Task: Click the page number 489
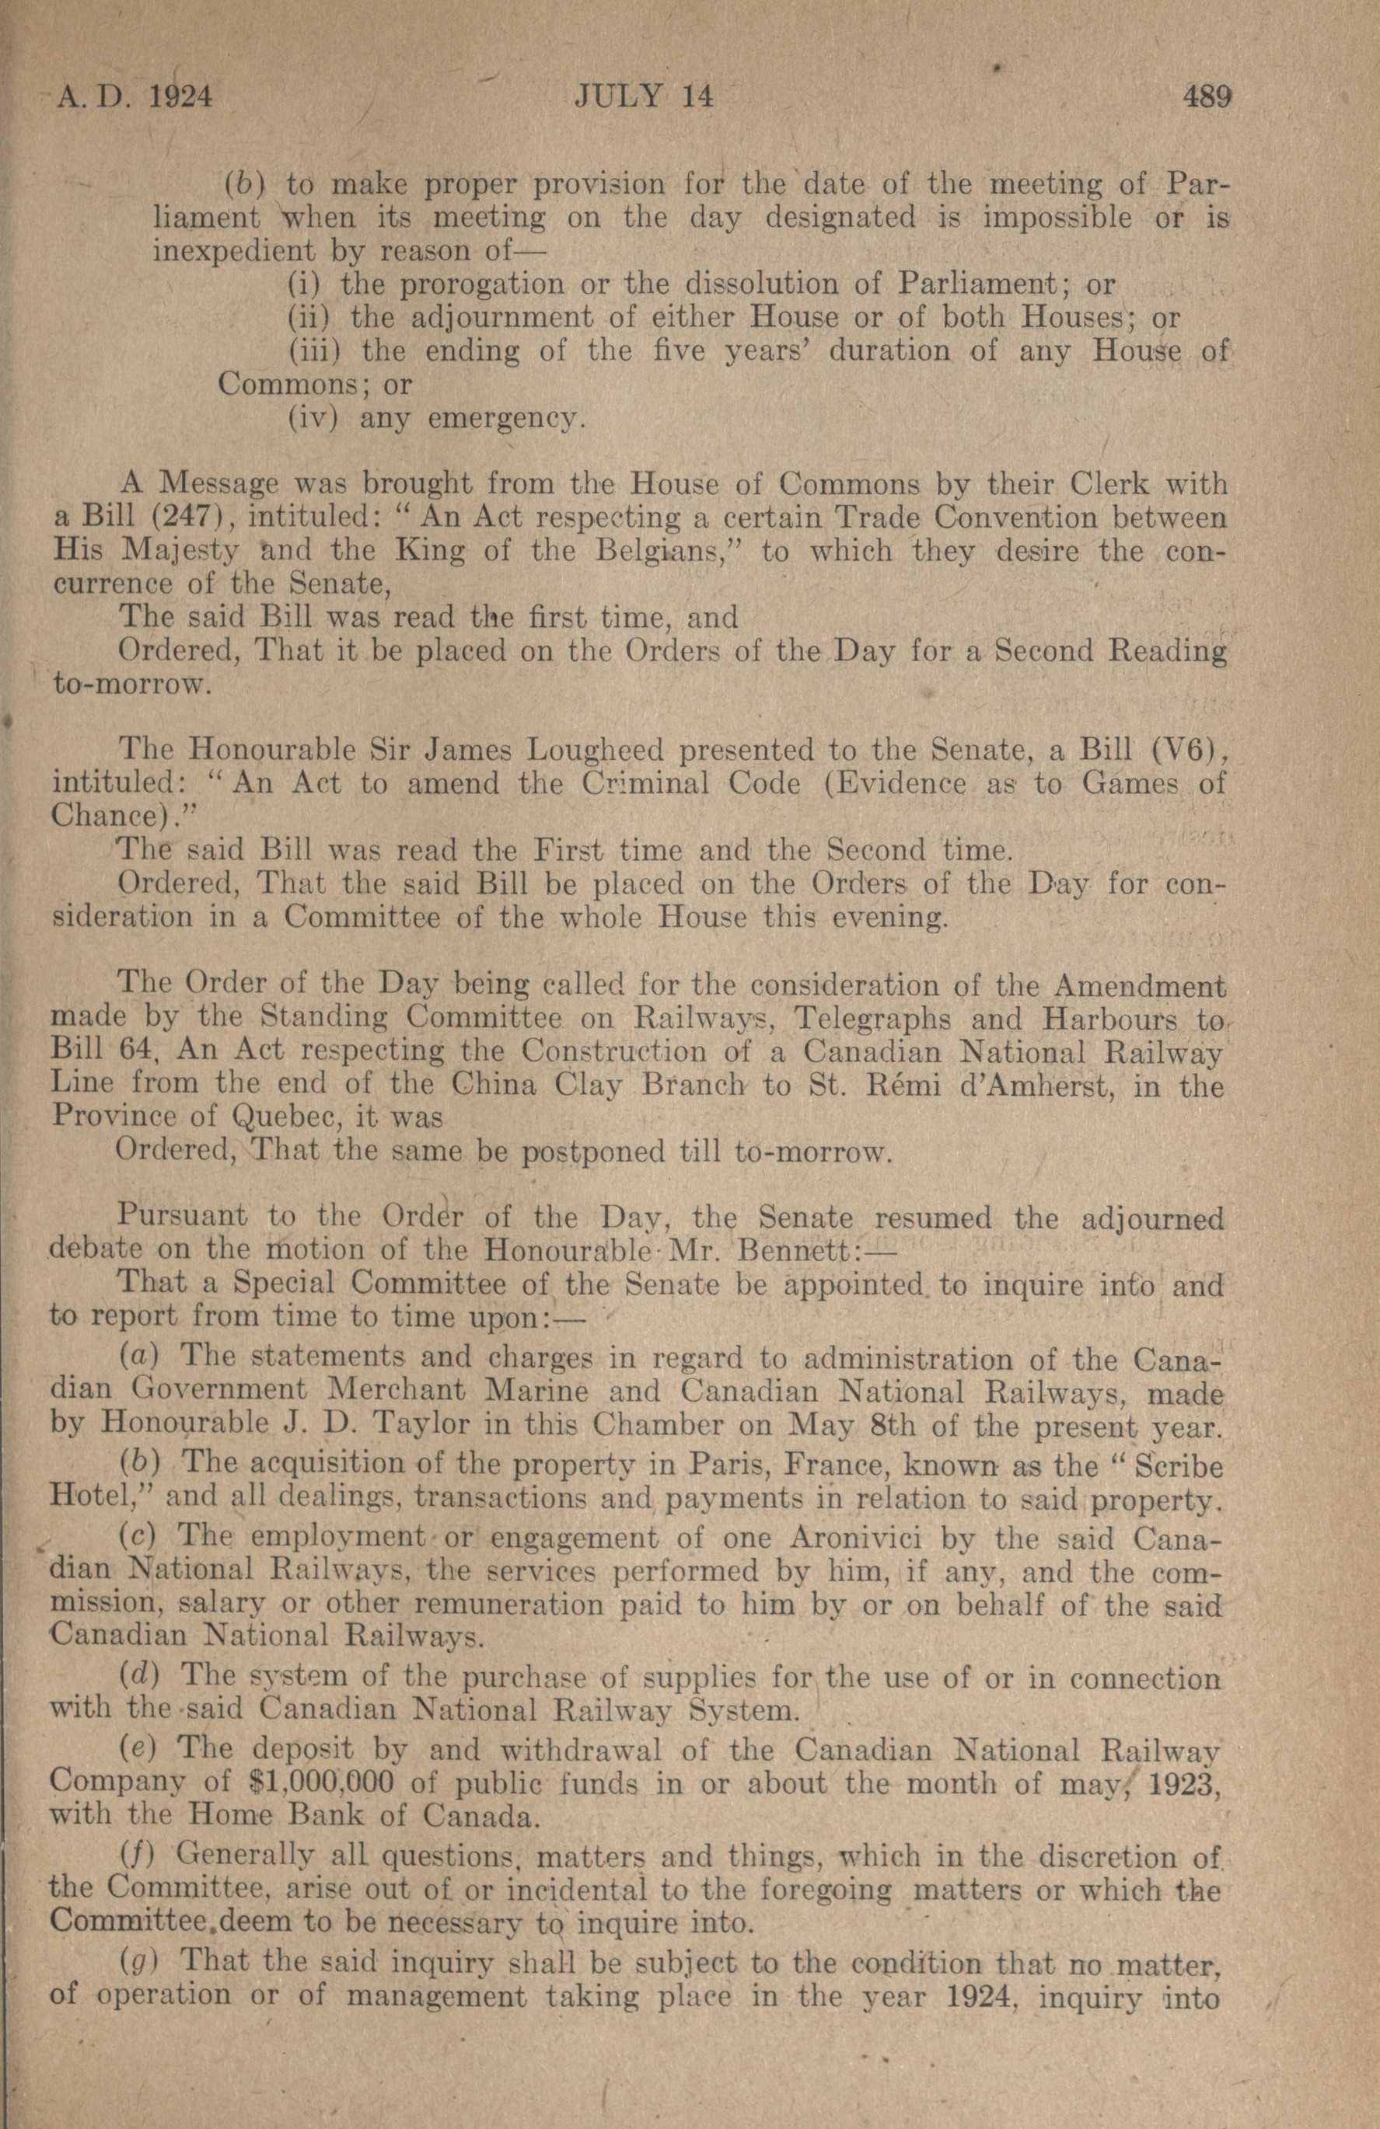tap(1207, 96)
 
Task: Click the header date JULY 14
tap(644, 96)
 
